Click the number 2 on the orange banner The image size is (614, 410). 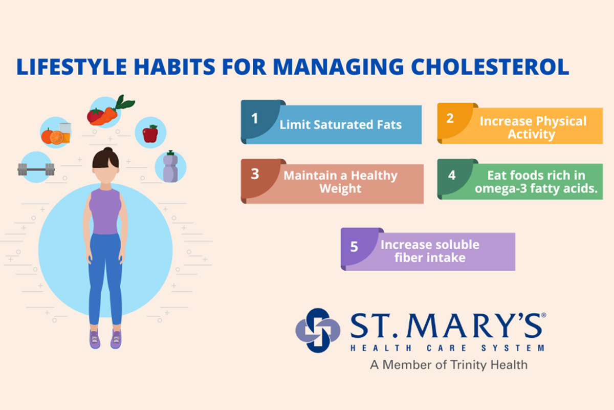coord(450,119)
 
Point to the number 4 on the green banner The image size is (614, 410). coord(451,175)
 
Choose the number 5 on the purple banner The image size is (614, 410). coord(354,247)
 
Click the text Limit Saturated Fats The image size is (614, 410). coord(340,125)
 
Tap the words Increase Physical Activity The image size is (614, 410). coord(532,128)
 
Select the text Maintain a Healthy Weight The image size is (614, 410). coord(340,182)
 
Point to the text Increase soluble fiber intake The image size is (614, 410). coord(430,251)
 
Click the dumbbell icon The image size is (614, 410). coord(36,168)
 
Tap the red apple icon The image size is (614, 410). coord(150,134)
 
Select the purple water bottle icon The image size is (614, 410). coord(170,167)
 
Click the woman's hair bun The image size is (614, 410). coord(107,152)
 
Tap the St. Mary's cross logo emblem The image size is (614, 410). coord(317,330)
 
